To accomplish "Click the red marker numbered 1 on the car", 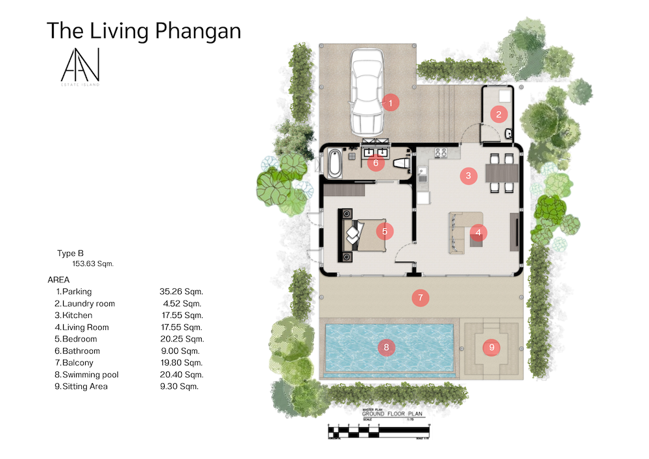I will point(390,102).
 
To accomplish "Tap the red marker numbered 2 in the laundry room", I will point(498,115).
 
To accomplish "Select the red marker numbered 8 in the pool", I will point(386,348).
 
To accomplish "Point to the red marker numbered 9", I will point(491,347).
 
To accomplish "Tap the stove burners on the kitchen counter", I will point(441,153).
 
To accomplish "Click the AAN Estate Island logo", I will point(80,68).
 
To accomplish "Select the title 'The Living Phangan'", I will point(144,31).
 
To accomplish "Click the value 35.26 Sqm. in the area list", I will point(181,292).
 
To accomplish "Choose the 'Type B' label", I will point(71,254).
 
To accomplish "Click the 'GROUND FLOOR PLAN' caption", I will point(392,413).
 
